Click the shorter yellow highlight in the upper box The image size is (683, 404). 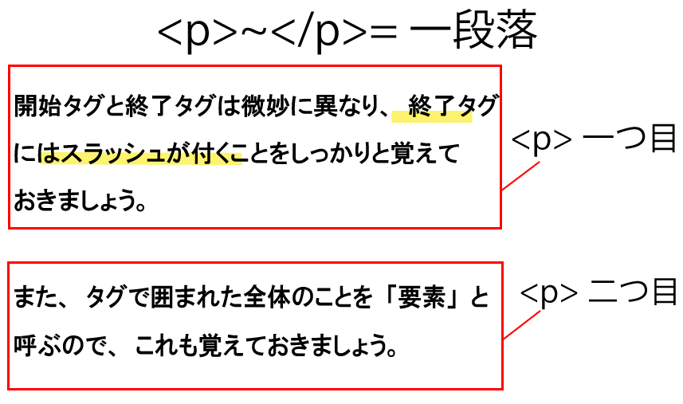[x=432, y=116]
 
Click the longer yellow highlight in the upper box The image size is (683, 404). [x=141, y=158]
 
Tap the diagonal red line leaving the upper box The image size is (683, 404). [x=520, y=176]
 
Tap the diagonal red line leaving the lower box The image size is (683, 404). [x=522, y=325]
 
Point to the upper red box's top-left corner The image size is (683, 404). [x=9, y=66]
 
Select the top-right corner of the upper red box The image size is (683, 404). [x=500, y=66]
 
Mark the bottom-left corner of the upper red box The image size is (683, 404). [x=9, y=228]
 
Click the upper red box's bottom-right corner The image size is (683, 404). [x=500, y=228]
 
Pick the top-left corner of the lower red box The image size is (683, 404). [x=8, y=262]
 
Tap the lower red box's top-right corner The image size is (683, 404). [x=502, y=262]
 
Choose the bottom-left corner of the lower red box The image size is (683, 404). [x=8, y=389]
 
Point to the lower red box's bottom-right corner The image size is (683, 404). [x=502, y=389]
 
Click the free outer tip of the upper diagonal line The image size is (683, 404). [x=540, y=162]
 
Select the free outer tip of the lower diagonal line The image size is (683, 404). [x=540, y=311]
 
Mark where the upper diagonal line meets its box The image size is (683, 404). [x=501, y=190]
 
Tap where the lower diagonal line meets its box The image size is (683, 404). [x=503, y=339]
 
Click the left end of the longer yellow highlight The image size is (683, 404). [x=41, y=158]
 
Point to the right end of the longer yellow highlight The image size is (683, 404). [x=241, y=158]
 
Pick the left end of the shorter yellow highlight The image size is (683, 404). [x=393, y=116]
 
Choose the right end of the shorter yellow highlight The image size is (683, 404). [x=471, y=116]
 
